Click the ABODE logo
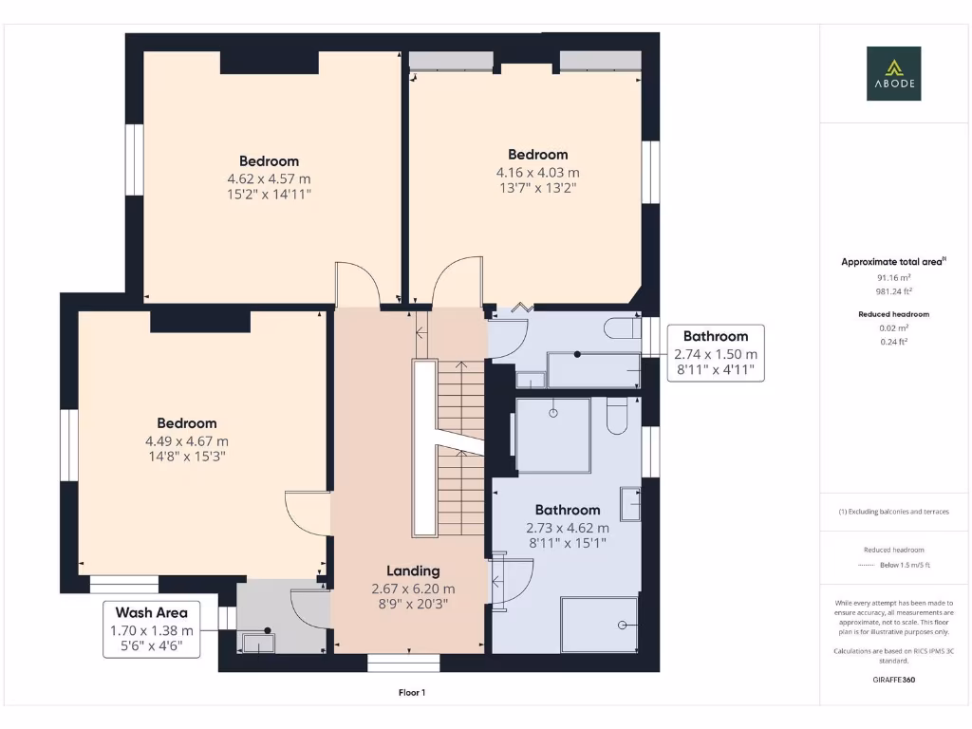click(x=893, y=73)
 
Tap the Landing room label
click(x=413, y=570)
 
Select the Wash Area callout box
click(x=151, y=629)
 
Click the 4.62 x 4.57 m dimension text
click(x=269, y=179)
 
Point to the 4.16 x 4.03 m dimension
click(x=537, y=173)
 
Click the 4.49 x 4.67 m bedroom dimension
click(x=187, y=441)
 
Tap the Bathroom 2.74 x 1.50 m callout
click(x=716, y=353)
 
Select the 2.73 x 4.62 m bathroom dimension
click(x=568, y=528)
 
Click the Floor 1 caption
click(x=412, y=692)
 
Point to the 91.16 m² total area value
click(x=893, y=278)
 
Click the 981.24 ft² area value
click(x=893, y=291)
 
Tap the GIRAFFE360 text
click(x=893, y=680)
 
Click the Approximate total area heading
click(x=893, y=262)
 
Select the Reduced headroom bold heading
click(x=893, y=314)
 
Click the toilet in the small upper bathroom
click(x=623, y=327)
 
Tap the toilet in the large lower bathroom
click(x=617, y=416)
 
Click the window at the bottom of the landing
click(x=403, y=664)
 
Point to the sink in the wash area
click(x=258, y=643)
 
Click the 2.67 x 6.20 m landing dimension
click(x=413, y=589)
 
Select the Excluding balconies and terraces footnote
click(x=893, y=512)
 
